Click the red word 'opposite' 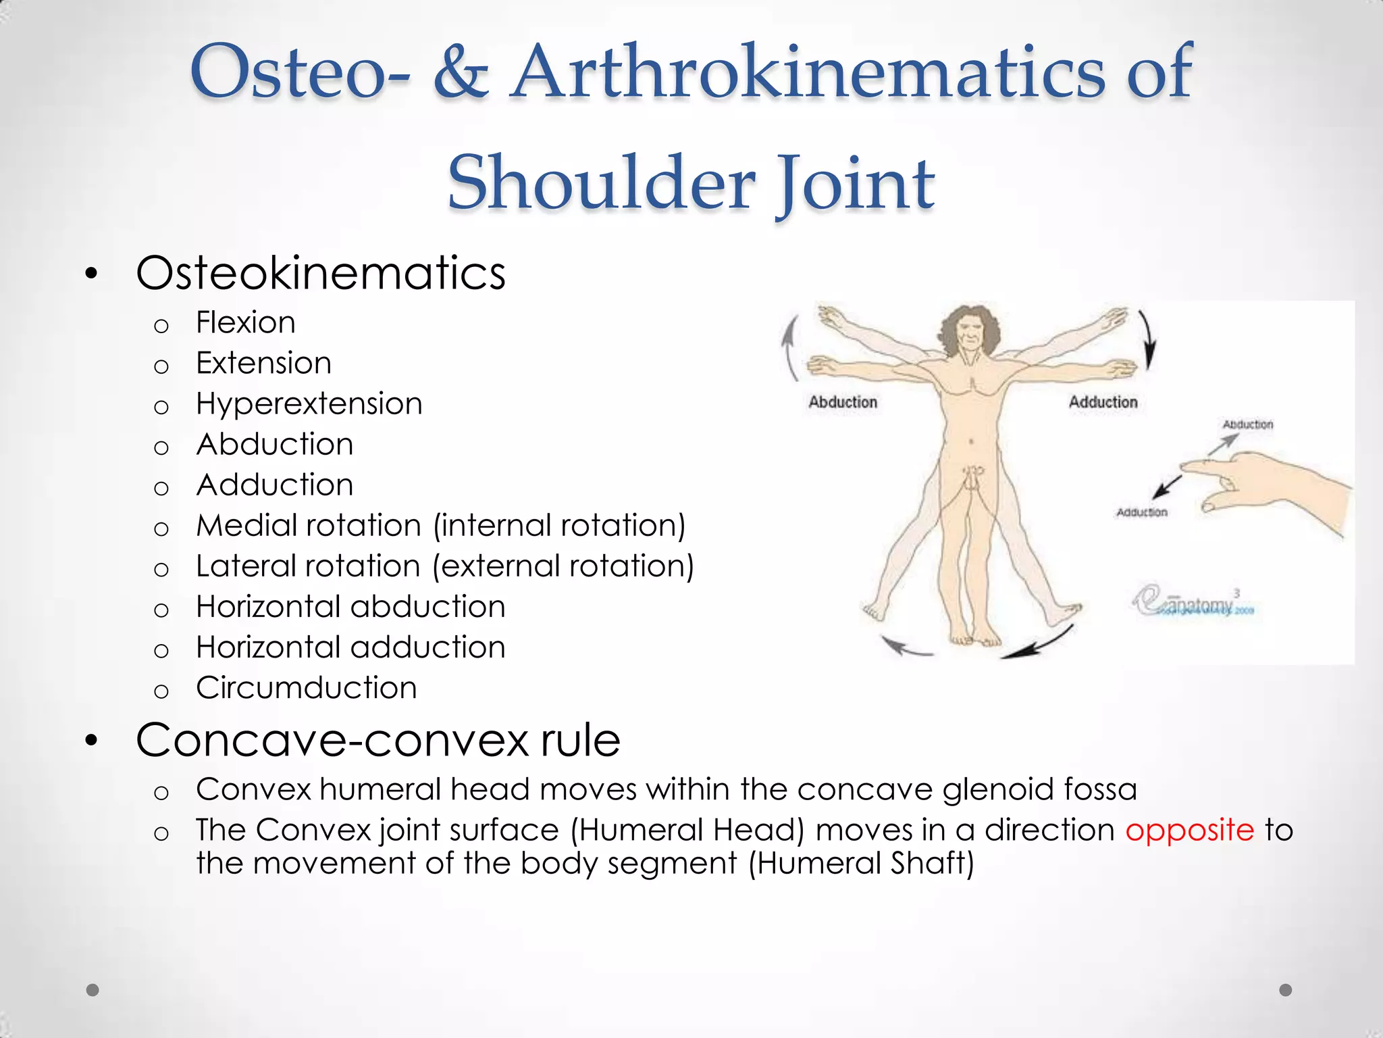[1189, 831]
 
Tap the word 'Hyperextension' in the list [309, 404]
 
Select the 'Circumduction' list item [307, 688]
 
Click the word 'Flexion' [246, 323]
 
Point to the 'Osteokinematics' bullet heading [321, 274]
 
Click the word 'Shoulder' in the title [601, 182]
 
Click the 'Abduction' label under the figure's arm [843, 402]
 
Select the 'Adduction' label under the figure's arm [1103, 402]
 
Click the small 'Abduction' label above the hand [1247, 424]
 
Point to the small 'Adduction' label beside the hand [1141, 512]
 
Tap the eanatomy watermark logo [1192, 603]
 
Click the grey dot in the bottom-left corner [93, 990]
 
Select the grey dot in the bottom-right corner [1286, 990]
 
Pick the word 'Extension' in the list [264, 364]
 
